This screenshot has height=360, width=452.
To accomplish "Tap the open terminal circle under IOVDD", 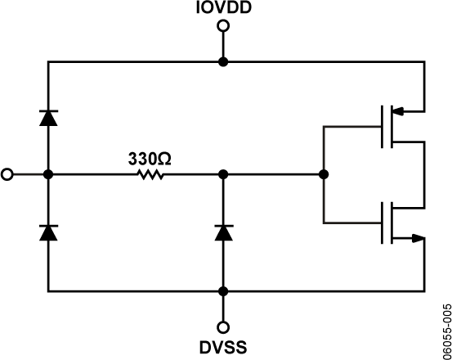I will coord(222,26).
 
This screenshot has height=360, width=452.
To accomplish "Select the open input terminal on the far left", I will coord(8,174).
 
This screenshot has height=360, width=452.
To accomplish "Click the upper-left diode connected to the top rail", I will coord(48,117).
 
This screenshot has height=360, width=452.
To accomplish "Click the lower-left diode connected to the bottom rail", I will coord(48,233).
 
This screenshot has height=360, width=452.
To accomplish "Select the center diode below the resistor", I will coord(222,233).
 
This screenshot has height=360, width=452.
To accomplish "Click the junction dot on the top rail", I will coord(222,61).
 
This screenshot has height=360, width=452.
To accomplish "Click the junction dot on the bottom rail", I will coord(222,290).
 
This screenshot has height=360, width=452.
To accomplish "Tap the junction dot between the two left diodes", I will coord(48,174).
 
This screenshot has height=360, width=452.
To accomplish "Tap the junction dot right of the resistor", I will coord(222,174).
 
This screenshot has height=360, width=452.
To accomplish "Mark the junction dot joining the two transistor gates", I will coord(324,174).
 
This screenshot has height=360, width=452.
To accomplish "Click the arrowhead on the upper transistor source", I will coord(399,110).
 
